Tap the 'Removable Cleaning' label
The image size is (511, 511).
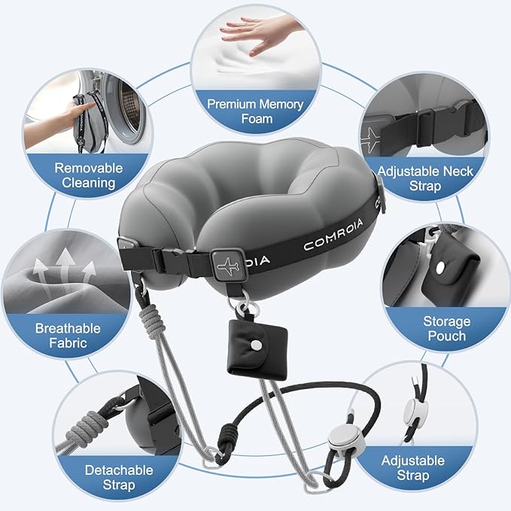(85, 175)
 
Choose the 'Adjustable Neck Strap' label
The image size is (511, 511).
(425, 178)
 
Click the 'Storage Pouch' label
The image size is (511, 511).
(446, 328)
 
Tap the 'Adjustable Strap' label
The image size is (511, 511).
(413, 467)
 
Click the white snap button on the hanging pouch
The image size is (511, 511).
(257, 343)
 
